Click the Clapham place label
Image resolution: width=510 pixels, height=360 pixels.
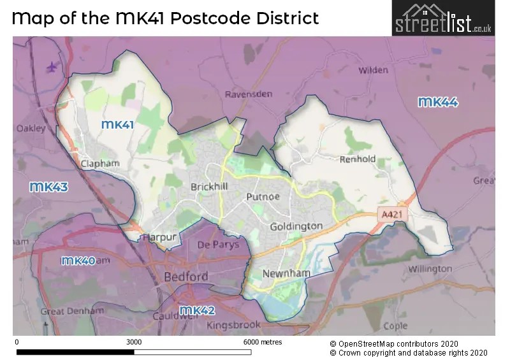(100, 164)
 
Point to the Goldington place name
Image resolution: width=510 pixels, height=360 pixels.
(296, 226)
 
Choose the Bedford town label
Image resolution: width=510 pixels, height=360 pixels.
(186, 277)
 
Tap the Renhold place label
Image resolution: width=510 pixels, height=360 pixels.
(358, 159)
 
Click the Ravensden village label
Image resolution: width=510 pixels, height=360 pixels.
(249, 94)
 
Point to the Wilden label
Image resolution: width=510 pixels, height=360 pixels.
(373, 70)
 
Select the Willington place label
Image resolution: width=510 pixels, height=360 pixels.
(430, 269)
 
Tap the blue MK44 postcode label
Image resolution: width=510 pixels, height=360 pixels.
(438, 102)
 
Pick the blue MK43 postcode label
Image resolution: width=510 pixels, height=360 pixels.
(49, 187)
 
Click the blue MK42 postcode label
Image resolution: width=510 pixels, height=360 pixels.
(197, 310)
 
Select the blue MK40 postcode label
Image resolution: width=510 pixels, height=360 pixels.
(78, 261)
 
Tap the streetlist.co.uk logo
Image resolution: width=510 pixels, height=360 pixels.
(442, 18)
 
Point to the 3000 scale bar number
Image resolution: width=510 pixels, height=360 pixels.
(133, 342)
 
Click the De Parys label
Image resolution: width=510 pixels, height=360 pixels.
(218, 245)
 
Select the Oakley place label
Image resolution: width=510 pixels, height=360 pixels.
(31, 129)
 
